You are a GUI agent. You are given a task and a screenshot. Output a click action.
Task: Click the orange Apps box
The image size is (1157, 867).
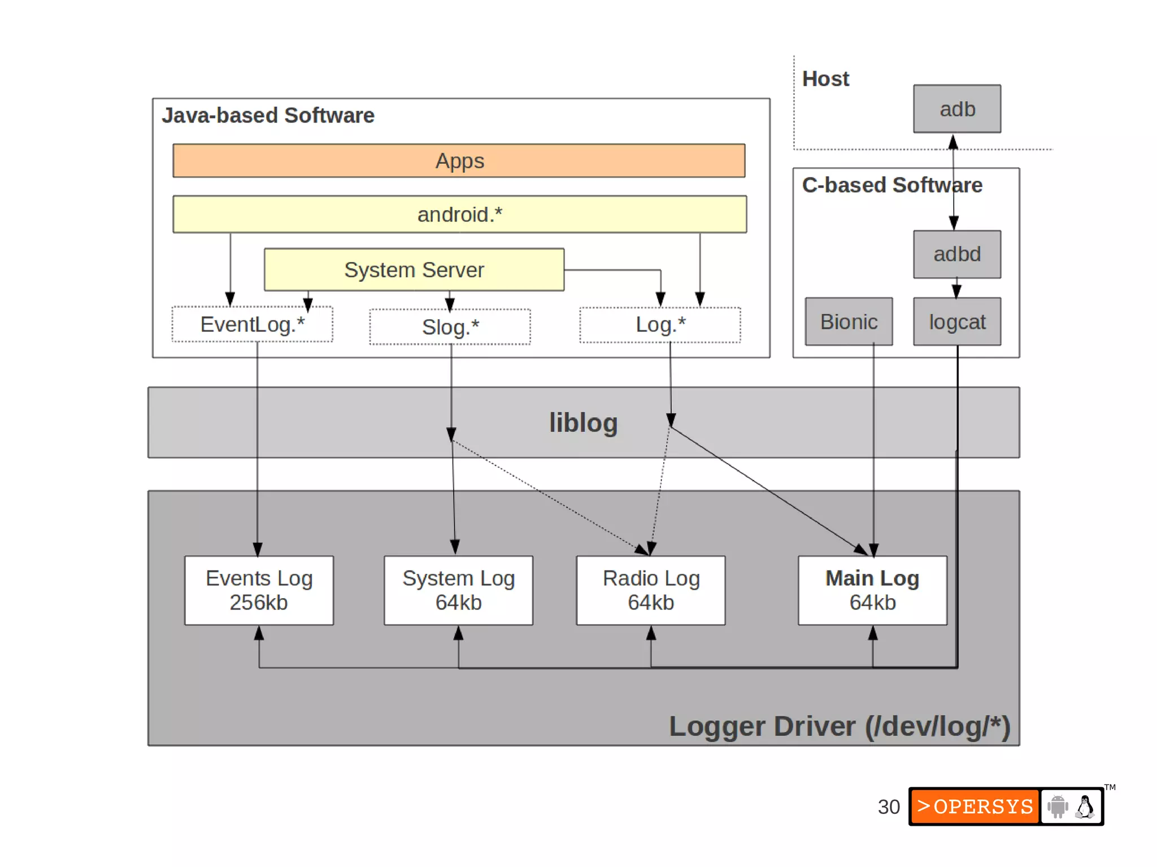point(459,161)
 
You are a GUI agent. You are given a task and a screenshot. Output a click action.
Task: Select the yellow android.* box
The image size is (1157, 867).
point(459,215)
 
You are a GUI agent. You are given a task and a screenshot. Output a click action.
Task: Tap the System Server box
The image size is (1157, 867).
point(414,270)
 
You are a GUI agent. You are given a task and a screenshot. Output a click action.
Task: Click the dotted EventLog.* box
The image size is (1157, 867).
point(252,325)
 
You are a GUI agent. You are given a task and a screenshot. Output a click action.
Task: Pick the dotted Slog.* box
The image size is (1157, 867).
point(450,327)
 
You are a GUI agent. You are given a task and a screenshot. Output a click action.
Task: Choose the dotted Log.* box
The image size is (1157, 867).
point(660,325)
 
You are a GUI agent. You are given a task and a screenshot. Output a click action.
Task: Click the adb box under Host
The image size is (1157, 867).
point(957,109)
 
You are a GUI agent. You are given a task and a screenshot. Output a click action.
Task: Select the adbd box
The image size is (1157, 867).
point(957,254)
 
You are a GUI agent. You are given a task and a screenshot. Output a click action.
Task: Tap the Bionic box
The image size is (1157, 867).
point(849,322)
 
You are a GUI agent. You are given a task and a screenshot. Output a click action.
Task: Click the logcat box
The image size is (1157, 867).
point(957,322)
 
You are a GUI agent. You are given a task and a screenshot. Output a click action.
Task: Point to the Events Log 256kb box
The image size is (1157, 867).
point(259,590)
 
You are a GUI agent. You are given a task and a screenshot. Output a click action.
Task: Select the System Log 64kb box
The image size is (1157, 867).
point(458,590)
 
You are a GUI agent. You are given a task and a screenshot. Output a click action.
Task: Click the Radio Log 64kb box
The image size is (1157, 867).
point(651,590)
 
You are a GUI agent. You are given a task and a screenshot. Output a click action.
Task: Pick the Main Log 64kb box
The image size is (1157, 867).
point(872,590)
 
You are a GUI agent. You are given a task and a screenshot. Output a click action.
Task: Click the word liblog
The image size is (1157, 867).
point(583,422)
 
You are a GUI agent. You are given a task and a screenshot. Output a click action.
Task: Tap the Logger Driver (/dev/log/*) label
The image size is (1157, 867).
point(839,726)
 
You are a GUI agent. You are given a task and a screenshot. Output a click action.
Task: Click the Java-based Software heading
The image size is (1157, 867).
point(268,115)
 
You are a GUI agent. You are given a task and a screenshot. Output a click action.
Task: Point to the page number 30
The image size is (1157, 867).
point(888,807)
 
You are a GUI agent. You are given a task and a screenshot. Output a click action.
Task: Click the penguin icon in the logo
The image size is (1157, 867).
point(1085,807)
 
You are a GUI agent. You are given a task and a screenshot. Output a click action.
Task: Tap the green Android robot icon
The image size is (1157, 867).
point(1058,807)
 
